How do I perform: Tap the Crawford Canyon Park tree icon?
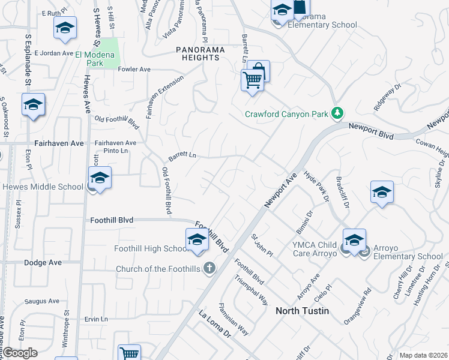(x=338, y=113)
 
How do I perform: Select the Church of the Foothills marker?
(x=209, y=268)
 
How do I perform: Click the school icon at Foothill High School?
(x=197, y=240)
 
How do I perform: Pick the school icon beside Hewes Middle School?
(x=100, y=178)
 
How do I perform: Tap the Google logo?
(x=20, y=353)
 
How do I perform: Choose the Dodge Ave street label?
(x=43, y=263)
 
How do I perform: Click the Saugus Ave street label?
(x=42, y=301)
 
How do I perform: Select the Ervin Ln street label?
(x=95, y=319)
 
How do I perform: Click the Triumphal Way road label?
(x=252, y=290)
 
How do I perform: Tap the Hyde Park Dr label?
(x=318, y=186)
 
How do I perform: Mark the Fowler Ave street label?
(x=134, y=70)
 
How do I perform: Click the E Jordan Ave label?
(x=53, y=53)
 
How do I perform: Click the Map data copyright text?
(x=423, y=355)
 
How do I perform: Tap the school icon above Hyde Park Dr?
(x=382, y=192)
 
